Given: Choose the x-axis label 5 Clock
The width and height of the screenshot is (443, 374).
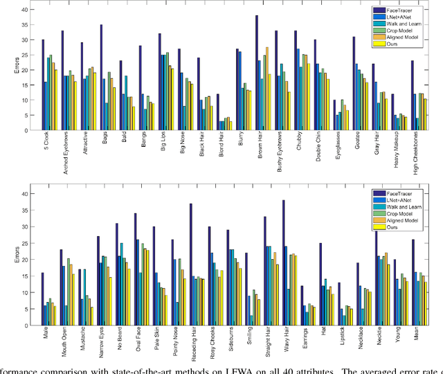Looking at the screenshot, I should (x=44, y=147).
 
